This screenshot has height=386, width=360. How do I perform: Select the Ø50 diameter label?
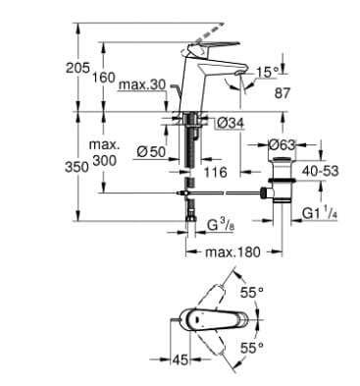[151, 150]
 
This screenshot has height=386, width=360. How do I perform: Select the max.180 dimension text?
[234, 253]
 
